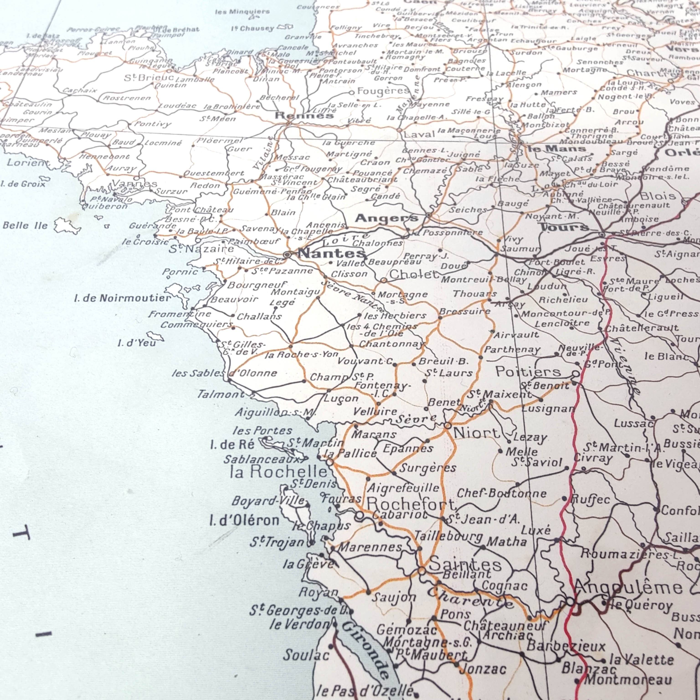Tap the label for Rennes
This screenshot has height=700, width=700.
(x=304, y=116)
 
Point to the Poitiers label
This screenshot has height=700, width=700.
(x=528, y=372)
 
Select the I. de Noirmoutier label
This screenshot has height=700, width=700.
(x=122, y=298)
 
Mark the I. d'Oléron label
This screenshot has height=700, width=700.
(x=244, y=521)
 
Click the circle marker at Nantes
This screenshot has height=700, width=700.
(x=287, y=255)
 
